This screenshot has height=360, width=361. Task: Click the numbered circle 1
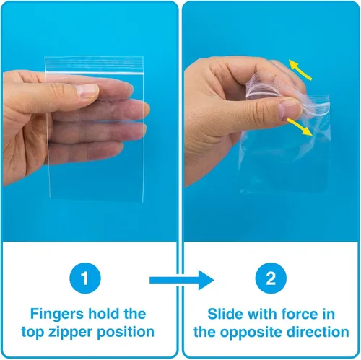[85, 278]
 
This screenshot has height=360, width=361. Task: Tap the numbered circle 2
[271, 278]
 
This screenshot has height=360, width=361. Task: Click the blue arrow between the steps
[182, 280]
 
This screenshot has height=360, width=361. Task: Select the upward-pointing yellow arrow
[300, 70]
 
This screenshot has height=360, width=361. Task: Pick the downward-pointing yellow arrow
[300, 126]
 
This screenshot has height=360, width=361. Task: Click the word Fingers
[57, 315]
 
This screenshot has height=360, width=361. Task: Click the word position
[126, 333]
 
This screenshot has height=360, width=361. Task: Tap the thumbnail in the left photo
[87, 90]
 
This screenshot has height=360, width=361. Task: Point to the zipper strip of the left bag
[95, 65]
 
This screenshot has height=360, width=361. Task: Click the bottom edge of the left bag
[97, 201]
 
